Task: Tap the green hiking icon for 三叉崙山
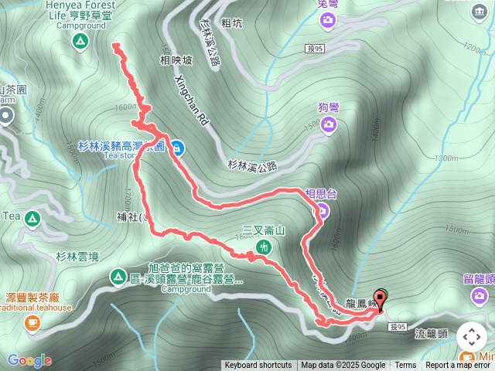pos(264,247)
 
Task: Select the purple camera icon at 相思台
pos(323,210)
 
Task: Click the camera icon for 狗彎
pos(329,124)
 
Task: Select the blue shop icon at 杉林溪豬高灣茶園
pos(178,147)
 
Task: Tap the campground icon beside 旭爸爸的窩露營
pos(118,276)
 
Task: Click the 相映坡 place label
pos(176,60)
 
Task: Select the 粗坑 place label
pos(231,23)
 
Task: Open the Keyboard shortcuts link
pos(258,366)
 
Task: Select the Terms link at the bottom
pos(405,366)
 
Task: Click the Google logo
pos(29,360)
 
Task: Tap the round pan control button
pos(472,337)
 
